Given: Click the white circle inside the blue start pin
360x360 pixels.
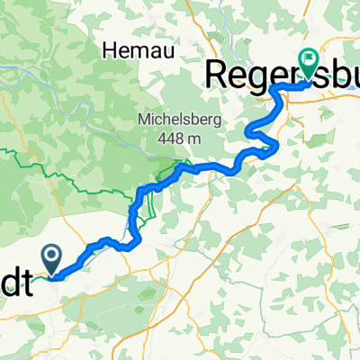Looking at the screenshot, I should point(55,256).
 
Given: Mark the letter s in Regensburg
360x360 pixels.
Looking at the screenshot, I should point(312,73).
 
